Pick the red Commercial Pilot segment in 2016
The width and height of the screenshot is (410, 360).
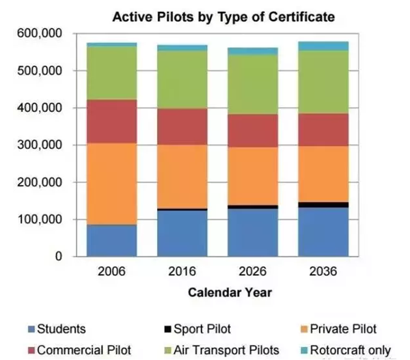tap(182, 126)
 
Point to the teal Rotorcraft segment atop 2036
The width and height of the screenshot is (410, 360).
tap(323, 46)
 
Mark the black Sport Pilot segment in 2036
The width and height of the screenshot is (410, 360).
tap(323, 204)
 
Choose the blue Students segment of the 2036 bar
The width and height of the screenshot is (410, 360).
tap(323, 232)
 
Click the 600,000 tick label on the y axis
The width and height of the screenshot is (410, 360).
tap(42, 33)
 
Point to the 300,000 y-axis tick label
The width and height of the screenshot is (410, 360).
tap(42, 146)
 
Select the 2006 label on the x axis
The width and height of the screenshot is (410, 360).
tap(111, 271)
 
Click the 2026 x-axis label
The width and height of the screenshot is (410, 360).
tap(253, 271)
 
